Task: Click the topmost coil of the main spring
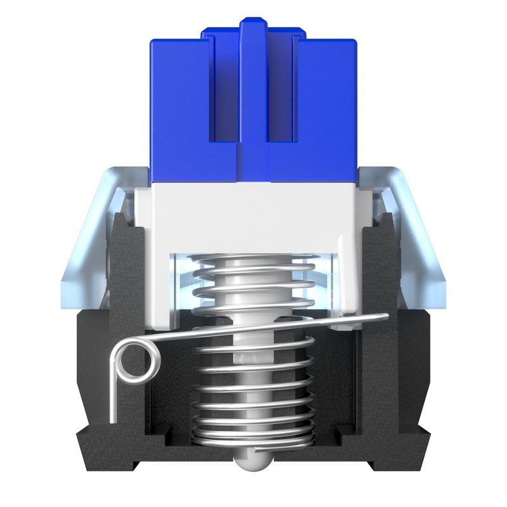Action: [253, 261]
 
